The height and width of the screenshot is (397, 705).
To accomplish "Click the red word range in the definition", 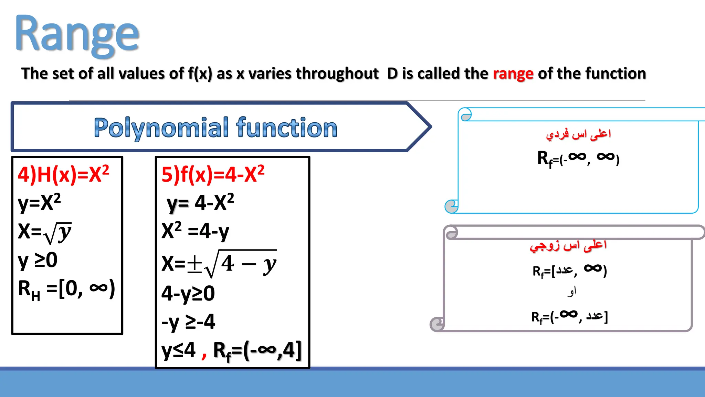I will (x=513, y=74).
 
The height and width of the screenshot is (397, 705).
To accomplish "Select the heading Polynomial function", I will (x=215, y=128).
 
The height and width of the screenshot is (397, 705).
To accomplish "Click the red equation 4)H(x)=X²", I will (x=64, y=174).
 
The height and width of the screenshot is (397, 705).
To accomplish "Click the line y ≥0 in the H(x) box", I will (x=38, y=260).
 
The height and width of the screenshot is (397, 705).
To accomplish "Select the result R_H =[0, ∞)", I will (x=66, y=289).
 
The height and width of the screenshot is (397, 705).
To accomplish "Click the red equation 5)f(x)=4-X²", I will (x=213, y=174).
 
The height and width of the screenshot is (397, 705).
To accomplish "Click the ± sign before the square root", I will (x=194, y=265).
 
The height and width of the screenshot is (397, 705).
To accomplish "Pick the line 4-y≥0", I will (x=188, y=294).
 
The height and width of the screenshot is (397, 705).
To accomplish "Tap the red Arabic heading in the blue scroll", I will (x=578, y=134).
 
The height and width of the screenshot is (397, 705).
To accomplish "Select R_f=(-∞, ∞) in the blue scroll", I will (x=578, y=159).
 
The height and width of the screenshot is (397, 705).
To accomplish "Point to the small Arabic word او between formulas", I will (x=571, y=292).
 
